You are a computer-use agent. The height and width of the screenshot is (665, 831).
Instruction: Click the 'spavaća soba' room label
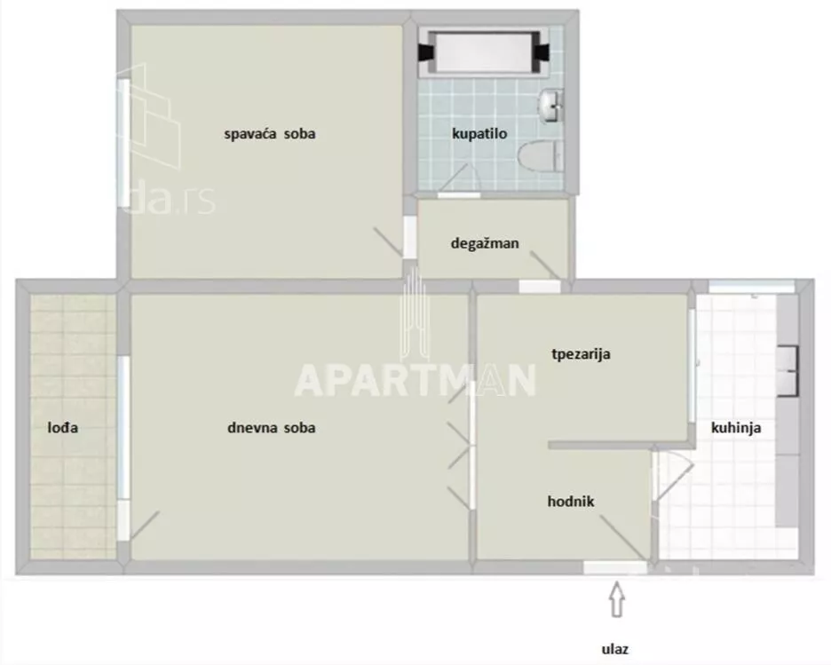(269, 133)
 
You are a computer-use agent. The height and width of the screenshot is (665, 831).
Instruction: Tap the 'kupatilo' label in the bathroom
(479, 133)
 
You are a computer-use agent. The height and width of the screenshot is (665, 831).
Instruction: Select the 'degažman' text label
(485, 243)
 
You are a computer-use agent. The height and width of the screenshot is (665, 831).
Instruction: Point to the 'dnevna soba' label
(272, 428)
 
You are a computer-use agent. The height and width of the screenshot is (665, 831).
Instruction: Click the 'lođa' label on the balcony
(62, 428)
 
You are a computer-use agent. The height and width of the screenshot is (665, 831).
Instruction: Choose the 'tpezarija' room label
(581, 354)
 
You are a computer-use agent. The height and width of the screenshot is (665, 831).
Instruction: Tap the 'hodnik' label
(571, 502)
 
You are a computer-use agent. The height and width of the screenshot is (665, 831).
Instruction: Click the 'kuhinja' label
(736, 428)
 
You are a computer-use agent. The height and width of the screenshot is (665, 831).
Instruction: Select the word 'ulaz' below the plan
(614, 649)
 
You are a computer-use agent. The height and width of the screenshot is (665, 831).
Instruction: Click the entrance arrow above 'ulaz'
(616, 599)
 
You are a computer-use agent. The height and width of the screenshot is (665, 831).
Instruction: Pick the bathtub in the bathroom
(484, 52)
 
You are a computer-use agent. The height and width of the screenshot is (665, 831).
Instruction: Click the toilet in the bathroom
(541, 156)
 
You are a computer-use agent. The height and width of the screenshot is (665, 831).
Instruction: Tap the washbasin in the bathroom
(551, 106)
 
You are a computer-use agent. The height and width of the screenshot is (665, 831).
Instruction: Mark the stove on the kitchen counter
(787, 371)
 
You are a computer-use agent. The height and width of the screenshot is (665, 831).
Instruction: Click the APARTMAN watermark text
(415, 380)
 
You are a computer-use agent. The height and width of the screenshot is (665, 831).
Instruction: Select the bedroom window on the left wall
(123, 143)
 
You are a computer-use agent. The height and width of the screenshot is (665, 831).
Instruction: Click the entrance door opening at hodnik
(615, 568)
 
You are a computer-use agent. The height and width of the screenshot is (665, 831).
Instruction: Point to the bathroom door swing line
(453, 177)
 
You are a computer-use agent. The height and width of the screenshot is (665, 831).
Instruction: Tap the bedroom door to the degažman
(409, 237)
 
